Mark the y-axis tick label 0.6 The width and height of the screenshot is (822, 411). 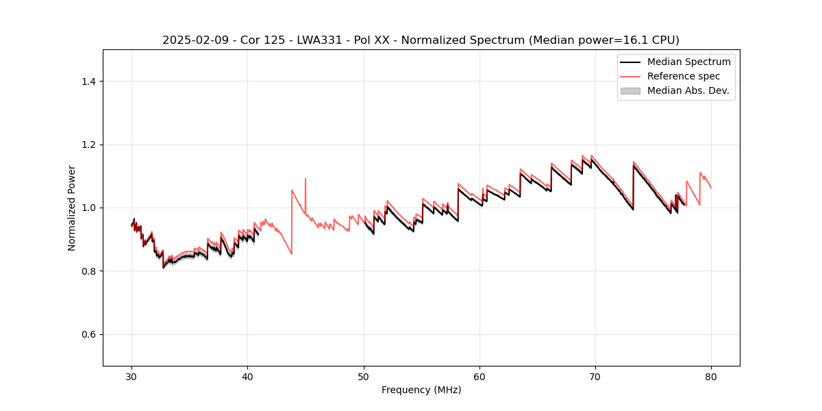coord(88,334)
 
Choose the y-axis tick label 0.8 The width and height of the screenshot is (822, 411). coord(88,271)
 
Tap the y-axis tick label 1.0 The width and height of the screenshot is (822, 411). coord(88,208)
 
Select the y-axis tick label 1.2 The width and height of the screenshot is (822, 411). coord(88,145)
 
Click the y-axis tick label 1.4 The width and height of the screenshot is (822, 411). coord(88,82)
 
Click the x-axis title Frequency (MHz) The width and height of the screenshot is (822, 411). coord(421,390)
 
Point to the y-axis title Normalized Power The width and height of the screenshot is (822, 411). coord(71,208)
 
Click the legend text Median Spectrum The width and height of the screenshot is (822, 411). coord(688,62)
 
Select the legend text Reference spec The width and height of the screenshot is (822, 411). coord(684,76)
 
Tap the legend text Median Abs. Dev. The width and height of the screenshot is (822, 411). coord(688,90)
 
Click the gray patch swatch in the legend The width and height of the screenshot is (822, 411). coord(630,90)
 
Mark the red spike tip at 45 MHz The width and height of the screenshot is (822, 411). coord(306,179)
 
